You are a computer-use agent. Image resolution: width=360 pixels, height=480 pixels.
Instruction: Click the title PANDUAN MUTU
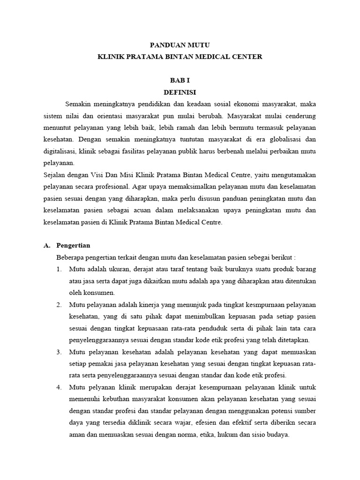point(180,45)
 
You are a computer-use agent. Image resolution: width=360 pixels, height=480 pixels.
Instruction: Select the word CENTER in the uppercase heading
point(246,57)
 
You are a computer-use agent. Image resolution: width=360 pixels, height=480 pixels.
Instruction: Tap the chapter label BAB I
point(180,81)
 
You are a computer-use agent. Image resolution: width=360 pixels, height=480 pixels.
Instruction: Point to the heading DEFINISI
point(180,92)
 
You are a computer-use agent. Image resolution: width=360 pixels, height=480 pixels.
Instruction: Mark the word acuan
point(142,211)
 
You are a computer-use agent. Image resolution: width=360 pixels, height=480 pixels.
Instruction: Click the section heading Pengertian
point(73,246)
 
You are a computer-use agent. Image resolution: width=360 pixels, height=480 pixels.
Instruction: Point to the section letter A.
point(46,246)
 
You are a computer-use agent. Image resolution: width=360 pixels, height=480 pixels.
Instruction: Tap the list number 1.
point(59,270)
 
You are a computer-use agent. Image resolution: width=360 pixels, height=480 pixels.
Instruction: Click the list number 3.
point(59,352)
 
